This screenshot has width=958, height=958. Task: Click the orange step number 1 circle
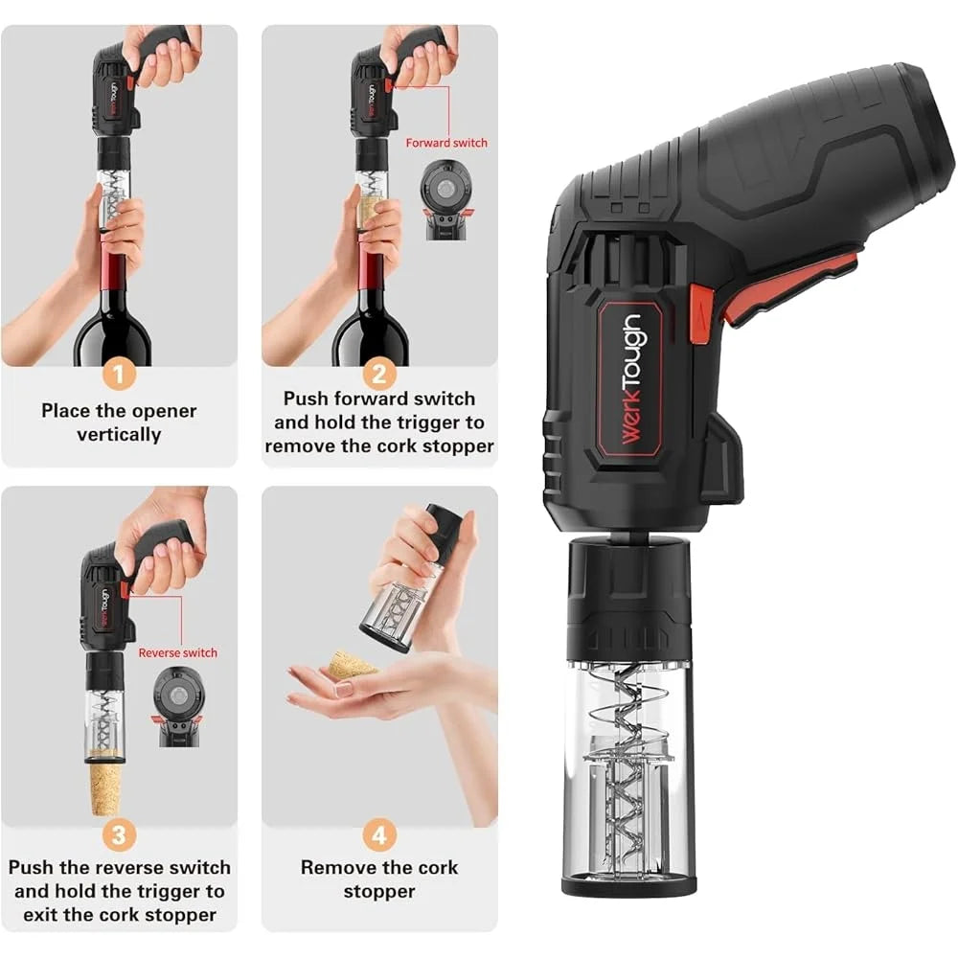118,375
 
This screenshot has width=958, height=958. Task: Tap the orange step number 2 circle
379,375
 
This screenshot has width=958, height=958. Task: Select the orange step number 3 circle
118,834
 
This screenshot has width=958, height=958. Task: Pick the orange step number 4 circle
379,834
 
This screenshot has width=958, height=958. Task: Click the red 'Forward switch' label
446,143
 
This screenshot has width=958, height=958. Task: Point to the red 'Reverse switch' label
178,652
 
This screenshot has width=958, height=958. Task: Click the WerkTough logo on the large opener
632,378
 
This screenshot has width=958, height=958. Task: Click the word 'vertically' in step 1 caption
119,435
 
